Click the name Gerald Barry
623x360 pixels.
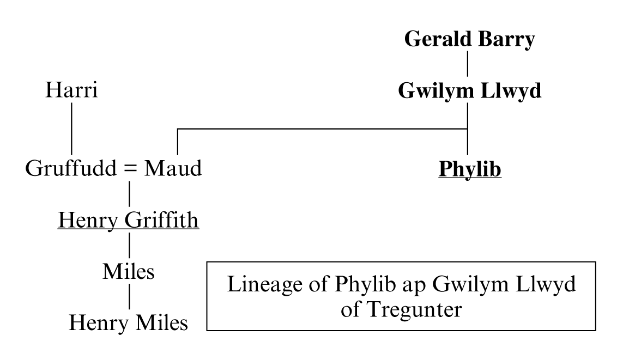tap(469, 40)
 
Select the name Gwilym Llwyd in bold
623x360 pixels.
tap(469, 91)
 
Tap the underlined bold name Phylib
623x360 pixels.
tap(469, 169)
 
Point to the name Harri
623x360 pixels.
tap(71, 90)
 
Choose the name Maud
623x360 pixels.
tap(173, 169)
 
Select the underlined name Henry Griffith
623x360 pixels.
tap(128, 221)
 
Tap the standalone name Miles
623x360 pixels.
tap(128, 272)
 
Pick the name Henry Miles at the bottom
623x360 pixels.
tap(128, 324)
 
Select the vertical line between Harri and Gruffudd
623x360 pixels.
tap(71, 129)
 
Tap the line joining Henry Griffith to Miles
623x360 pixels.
tap(129, 246)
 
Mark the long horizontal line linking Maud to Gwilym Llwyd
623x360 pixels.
tap(322, 129)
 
